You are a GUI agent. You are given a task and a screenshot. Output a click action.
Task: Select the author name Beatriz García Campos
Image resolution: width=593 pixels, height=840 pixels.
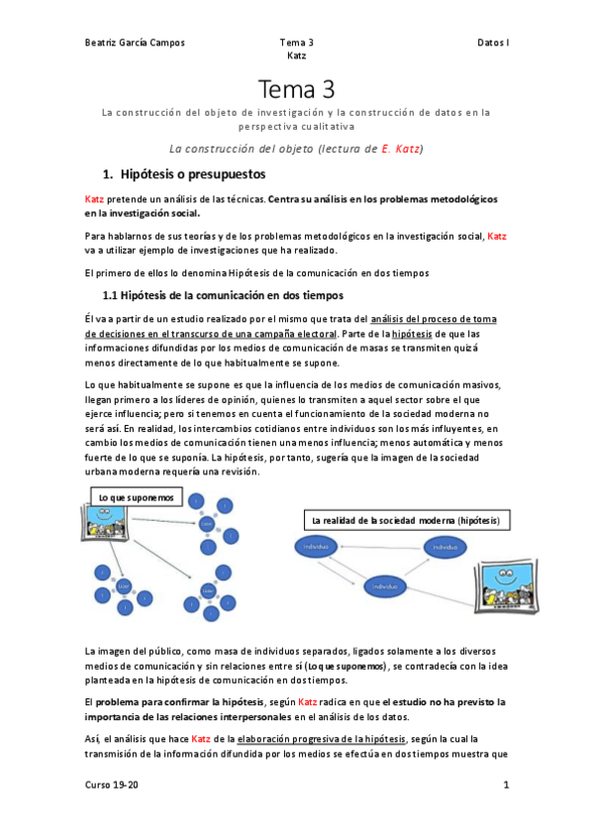click(x=135, y=43)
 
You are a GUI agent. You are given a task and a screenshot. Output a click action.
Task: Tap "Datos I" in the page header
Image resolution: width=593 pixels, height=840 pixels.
click(x=492, y=43)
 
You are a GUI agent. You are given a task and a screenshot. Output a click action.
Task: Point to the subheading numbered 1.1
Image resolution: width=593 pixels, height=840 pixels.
click(x=223, y=295)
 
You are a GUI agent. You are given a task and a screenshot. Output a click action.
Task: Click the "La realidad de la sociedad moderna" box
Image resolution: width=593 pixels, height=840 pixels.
click(x=405, y=520)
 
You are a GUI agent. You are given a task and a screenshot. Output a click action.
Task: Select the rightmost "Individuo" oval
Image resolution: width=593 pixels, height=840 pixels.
click(x=445, y=547)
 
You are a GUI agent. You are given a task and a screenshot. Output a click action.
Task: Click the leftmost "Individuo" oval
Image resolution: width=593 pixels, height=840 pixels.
click(x=317, y=547)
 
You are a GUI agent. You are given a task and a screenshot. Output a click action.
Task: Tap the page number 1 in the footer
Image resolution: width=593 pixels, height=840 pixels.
click(x=506, y=786)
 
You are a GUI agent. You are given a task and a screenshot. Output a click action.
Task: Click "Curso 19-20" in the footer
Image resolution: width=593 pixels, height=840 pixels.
click(x=106, y=786)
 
